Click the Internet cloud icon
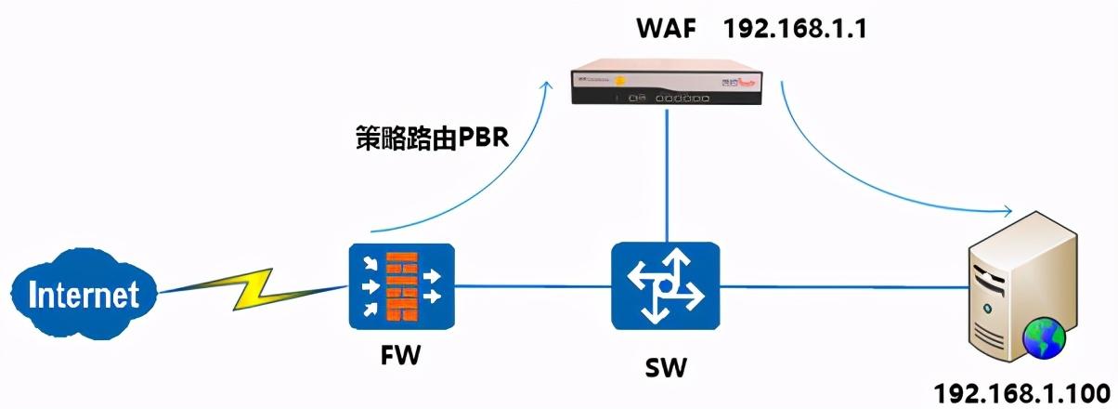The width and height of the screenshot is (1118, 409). [83, 295]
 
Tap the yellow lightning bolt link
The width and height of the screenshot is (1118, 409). [252, 289]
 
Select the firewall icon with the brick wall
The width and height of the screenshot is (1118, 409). [401, 286]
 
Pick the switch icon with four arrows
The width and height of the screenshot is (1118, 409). [666, 286]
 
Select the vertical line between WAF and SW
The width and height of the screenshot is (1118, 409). [666, 177]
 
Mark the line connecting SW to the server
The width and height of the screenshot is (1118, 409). [840, 286]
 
